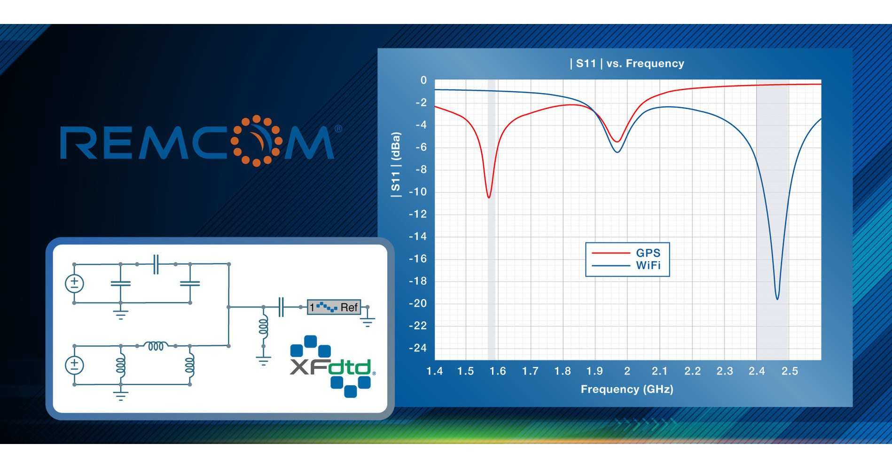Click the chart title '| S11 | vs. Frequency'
click(627, 63)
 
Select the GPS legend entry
click(648, 253)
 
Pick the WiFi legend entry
click(648, 266)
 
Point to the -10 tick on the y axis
click(418, 192)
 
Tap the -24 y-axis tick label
click(418, 348)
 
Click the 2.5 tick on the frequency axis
click(790, 371)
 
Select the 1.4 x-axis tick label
click(434, 371)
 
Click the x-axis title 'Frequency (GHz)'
click(627, 389)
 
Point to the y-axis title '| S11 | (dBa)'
click(396, 164)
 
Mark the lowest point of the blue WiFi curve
click(777, 299)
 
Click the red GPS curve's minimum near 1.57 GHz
click(489, 197)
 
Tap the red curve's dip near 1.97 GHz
click(618, 141)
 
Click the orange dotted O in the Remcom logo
click(257, 141)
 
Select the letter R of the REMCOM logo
click(78, 143)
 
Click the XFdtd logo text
click(331, 367)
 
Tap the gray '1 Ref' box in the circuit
click(334, 307)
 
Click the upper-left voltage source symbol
click(74, 284)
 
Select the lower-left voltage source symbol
click(74, 365)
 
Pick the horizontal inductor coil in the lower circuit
click(156, 346)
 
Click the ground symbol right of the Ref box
click(368, 321)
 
